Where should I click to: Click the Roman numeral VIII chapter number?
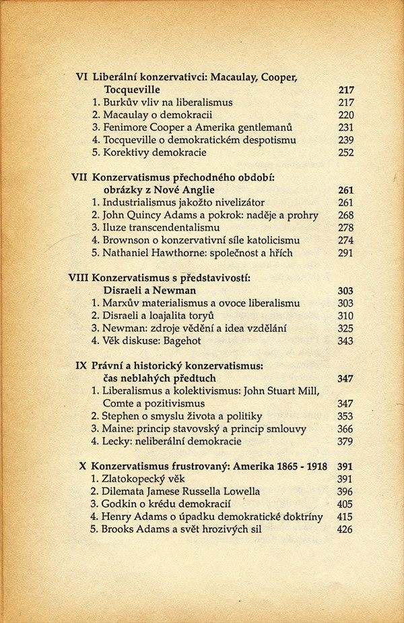79,278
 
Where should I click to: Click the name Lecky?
118,442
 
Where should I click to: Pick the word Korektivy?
127,152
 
